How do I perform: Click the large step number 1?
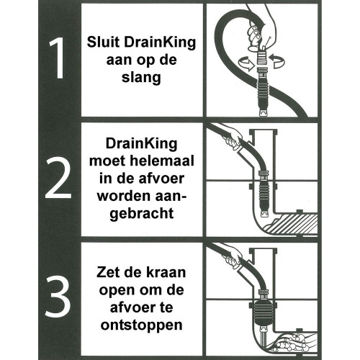pos(57,58)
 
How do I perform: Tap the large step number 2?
pos(58,178)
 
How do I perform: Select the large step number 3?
pos(58,297)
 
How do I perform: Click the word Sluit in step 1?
pos(103,42)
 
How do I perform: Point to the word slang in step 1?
pos(141,78)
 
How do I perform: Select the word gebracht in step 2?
pos(142,213)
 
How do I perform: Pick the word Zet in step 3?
pos(107,273)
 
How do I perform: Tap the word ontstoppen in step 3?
pos(142,325)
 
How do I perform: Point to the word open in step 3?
pos(114,291)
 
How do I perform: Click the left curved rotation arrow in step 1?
pos(246,63)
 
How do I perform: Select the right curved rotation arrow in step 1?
pos(277,61)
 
